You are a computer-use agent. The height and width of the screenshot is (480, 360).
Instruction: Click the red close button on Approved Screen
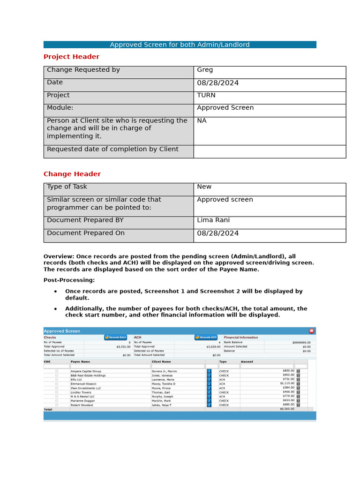[312, 331]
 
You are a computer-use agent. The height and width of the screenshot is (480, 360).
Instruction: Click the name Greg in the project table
[205, 70]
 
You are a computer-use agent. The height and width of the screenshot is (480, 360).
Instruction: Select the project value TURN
[206, 95]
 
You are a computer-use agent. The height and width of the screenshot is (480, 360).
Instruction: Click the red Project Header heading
[71, 57]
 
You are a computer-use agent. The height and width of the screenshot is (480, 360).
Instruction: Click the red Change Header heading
[72, 174]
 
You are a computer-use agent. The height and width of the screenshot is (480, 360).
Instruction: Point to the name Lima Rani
[213, 220]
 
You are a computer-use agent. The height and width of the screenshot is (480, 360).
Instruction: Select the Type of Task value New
[204, 187]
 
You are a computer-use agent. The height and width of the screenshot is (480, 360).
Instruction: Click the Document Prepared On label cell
[86, 233]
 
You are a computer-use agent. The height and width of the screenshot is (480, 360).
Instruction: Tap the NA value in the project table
[202, 120]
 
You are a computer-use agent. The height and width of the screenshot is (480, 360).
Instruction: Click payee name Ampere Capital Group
[86, 371]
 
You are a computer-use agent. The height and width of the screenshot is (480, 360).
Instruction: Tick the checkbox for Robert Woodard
[57, 405]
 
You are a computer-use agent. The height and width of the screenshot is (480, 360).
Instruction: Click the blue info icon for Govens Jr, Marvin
[209, 371]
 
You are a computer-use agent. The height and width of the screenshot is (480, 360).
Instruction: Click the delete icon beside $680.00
[298, 405]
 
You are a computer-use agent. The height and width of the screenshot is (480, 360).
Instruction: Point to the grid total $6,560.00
[287, 409]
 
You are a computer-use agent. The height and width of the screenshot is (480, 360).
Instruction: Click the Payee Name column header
[80, 362]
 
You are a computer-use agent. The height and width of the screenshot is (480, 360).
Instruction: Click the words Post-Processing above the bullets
[69, 280]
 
